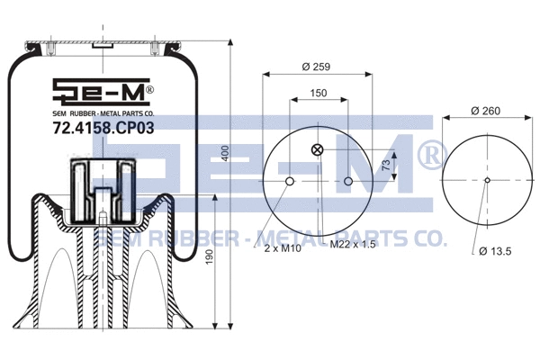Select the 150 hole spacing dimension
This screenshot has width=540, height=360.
pos(319,94)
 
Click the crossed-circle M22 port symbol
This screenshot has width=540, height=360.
pos(316,150)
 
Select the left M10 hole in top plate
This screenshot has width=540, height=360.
pos(289,183)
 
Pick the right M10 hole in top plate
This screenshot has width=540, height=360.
pos(348,183)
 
